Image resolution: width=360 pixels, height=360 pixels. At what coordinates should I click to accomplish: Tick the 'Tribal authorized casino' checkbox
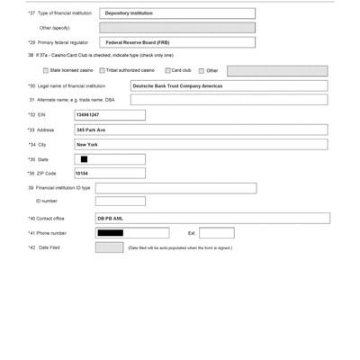(x=102, y=69)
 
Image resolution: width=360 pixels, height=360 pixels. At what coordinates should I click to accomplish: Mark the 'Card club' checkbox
(x=167, y=69)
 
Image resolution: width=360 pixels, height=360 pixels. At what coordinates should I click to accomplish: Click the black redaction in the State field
(x=84, y=159)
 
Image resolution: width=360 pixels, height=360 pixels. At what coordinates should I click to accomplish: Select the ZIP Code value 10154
(x=82, y=173)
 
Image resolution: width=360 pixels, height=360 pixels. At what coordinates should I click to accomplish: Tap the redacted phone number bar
(x=111, y=233)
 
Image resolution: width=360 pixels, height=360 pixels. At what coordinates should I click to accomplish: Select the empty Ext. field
(x=216, y=233)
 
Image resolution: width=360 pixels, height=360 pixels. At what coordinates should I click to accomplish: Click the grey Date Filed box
(x=109, y=247)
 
